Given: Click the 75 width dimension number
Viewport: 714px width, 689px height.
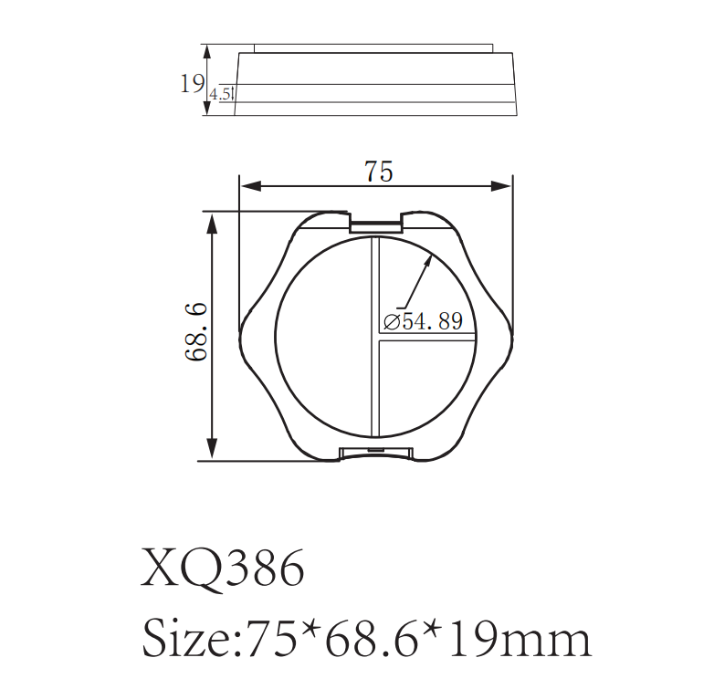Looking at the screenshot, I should [378, 171].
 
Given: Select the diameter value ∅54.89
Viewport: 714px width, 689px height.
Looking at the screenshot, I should [424, 321].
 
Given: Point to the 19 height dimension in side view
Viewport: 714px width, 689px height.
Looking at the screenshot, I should [191, 84].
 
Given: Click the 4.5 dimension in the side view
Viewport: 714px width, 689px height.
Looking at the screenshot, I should [220, 94].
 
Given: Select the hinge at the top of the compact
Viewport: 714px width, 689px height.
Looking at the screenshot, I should [376, 222].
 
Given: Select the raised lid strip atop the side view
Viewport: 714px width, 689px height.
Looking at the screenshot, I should [374, 47].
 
